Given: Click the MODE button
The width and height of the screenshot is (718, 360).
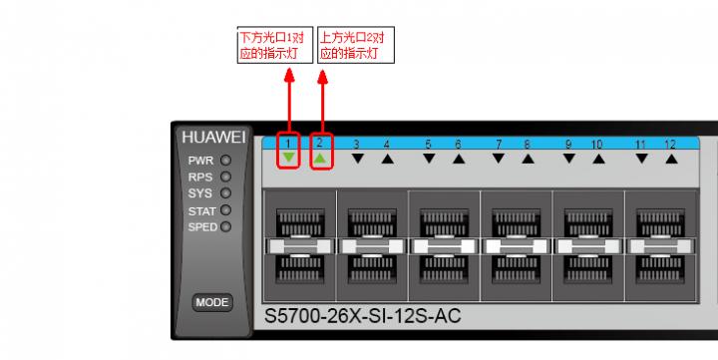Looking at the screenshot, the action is [212, 302].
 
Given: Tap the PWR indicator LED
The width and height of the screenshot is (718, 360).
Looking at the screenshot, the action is [225, 161].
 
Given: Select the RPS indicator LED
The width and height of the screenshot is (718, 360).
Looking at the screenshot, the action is [225, 177].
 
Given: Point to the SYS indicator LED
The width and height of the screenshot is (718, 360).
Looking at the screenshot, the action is [225, 192].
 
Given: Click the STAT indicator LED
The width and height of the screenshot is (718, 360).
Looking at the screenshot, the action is [225, 210].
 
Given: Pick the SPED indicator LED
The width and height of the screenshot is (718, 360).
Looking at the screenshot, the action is [225, 226].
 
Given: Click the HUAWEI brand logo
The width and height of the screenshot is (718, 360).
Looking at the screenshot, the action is [213, 138].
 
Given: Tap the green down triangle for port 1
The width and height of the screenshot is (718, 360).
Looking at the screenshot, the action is [288, 158].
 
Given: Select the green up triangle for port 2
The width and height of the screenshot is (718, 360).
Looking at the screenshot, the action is [320, 158].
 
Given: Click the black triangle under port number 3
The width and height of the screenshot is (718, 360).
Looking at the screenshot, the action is [358, 159].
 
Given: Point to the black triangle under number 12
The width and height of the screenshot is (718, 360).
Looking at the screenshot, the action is [671, 159].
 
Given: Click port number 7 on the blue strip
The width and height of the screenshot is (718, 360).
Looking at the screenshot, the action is [499, 145].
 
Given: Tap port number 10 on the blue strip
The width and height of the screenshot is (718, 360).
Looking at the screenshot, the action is [596, 145].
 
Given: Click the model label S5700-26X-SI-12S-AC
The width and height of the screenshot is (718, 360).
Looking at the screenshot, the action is [363, 316].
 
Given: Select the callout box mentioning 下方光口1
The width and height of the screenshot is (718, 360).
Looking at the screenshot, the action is [275, 45].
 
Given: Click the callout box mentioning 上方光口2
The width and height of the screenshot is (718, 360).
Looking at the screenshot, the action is [356, 45].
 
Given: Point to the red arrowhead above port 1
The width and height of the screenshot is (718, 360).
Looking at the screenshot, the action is [289, 76].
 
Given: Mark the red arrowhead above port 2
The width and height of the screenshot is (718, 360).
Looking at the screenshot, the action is [323, 77].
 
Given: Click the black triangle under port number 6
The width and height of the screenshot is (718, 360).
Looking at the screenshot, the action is [459, 159].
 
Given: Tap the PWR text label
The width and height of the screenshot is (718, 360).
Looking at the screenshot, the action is [200, 161].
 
